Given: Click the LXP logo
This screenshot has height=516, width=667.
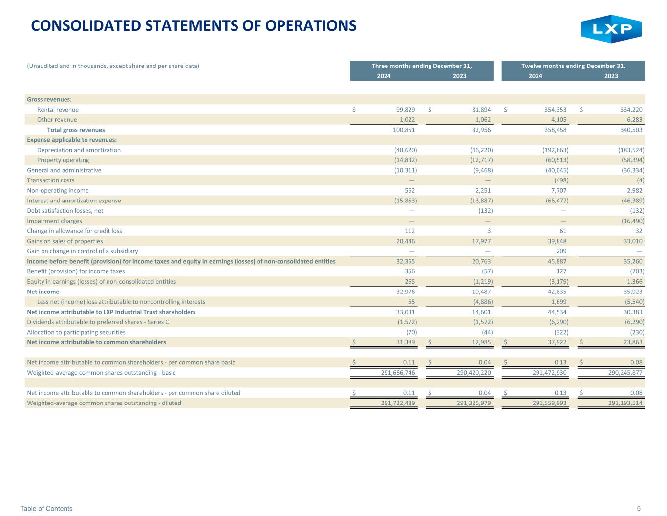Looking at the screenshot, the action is [x=611, y=29].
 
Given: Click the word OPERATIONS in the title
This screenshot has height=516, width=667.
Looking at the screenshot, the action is [x=311, y=26].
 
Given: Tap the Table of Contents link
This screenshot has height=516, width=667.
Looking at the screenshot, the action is [x=46, y=508].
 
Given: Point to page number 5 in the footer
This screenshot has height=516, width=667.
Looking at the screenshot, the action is [x=639, y=508].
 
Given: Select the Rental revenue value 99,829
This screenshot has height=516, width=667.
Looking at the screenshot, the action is [x=406, y=110].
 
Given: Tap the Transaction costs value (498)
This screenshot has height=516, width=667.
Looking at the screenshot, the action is [x=561, y=180].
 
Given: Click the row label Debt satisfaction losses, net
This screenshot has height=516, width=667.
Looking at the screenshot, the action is [x=65, y=211].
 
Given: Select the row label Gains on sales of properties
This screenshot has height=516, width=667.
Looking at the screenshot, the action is [x=65, y=241].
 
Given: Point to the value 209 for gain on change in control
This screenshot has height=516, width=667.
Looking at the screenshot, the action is [x=561, y=251].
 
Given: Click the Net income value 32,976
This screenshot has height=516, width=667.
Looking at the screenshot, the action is [x=406, y=292].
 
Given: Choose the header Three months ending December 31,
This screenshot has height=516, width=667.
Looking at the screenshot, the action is [x=422, y=66].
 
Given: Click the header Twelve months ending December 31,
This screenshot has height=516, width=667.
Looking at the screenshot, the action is [x=573, y=66].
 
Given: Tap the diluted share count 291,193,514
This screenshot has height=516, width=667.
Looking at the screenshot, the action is [x=625, y=403].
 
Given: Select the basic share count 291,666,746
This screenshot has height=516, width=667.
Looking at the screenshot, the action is [x=398, y=373].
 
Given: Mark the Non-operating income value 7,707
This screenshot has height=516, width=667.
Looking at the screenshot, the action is [x=559, y=190].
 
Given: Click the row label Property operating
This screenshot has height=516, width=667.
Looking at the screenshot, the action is [x=63, y=160].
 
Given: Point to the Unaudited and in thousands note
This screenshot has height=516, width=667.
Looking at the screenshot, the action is [x=113, y=66].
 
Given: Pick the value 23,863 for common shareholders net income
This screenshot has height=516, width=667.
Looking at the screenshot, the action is [x=633, y=342].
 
